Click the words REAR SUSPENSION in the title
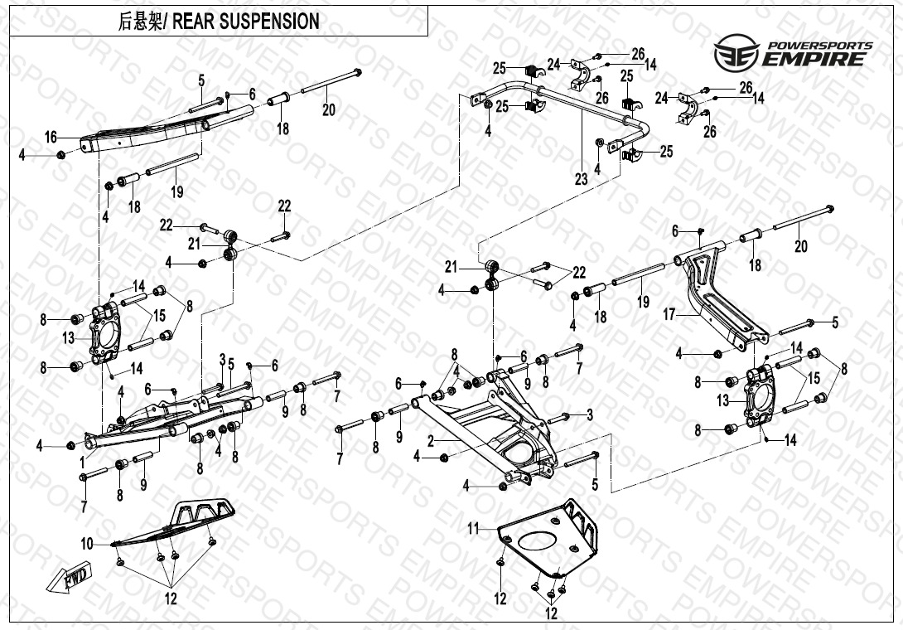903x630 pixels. [x=246, y=22]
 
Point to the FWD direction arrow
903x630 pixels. [x=77, y=578]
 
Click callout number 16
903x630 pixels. [x=51, y=137]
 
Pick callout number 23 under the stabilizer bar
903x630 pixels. [x=581, y=178]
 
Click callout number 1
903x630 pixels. [x=82, y=460]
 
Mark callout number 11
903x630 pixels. [x=473, y=528]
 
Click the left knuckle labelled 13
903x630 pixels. [x=107, y=335]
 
